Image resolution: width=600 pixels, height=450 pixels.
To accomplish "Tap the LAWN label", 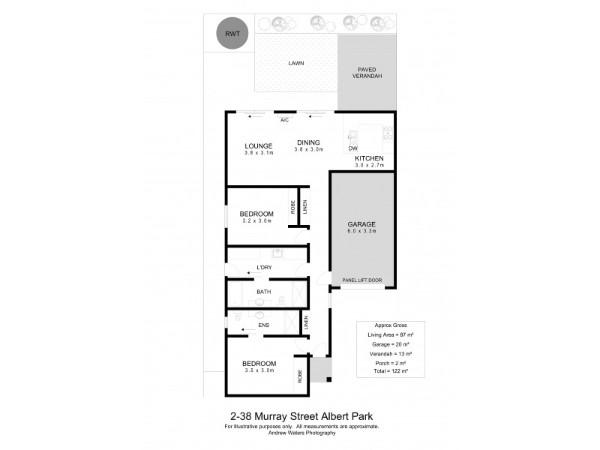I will [x=296, y=63].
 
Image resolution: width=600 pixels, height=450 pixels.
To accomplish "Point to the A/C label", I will [x=285, y=120].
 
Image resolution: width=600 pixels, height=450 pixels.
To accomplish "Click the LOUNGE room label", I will [x=258, y=145].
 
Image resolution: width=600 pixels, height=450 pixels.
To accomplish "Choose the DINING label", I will [x=308, y=142].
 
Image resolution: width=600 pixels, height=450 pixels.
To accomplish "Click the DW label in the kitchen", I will [x=353, y=148].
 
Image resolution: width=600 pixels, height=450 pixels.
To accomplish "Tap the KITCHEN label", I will [x=369, y=158].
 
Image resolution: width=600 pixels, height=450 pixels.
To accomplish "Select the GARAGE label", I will [x=361, y=224].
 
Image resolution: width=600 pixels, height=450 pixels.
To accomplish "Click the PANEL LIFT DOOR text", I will [x=361, y=280].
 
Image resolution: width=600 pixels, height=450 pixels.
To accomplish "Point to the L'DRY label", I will [x=264, y=268].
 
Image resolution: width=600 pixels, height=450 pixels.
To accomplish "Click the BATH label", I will [x=264, y=292].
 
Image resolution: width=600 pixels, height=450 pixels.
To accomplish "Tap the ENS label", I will [x=264, y=325].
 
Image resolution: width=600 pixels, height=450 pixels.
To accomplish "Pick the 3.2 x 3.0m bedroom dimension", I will [x=256, y=220].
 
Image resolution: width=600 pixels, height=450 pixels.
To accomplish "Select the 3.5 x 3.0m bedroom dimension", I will [x=259, y=370].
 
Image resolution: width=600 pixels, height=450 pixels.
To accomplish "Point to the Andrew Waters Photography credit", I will [x=302, y=433].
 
